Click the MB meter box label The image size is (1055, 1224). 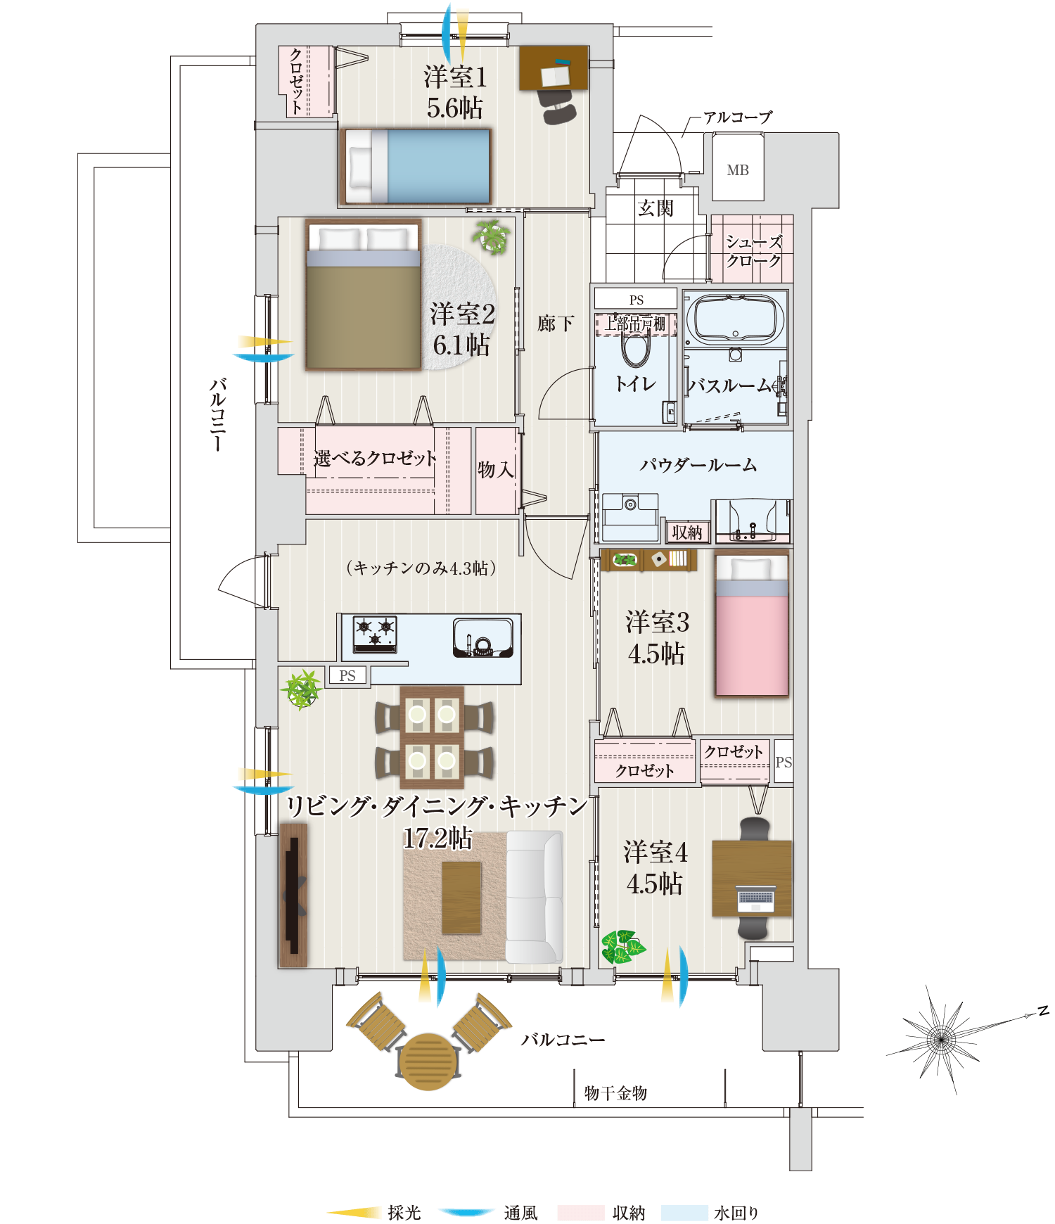pyautogui.click(x=738, y=170)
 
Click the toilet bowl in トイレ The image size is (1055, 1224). pyautogui.click(x=636, y=349)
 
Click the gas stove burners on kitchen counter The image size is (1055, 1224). pyautogui.click(x=375, y=631)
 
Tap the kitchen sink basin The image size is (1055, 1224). pyautogui.click(x=482, y=637)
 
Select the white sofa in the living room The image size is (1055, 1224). pyautogui.click(x=534, y=897)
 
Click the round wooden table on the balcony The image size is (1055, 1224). pyautogui.click(x=428, y=1061)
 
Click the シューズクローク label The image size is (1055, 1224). pyautogui.click(x=753, y=251)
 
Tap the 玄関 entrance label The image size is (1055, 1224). pyautogui.click(x=656, y=208)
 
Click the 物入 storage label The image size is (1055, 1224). pyautogui.click(x=496, y=469)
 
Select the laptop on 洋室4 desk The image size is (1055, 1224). pyautogui.click(x=755, y=898)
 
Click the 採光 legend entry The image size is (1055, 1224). pyautogui.click(x=404, y=1213)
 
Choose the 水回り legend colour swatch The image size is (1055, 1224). pyautogui.click(x=684, y=1213)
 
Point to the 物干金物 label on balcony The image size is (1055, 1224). pyautogui.click(x=615, y=1092)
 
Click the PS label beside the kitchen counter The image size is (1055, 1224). pyautogui.click(x=347, y=676)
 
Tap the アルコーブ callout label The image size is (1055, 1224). pyautogui.click(x=737, y=117)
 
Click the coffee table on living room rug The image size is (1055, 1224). pyautogui.click(x=461, y=897)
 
